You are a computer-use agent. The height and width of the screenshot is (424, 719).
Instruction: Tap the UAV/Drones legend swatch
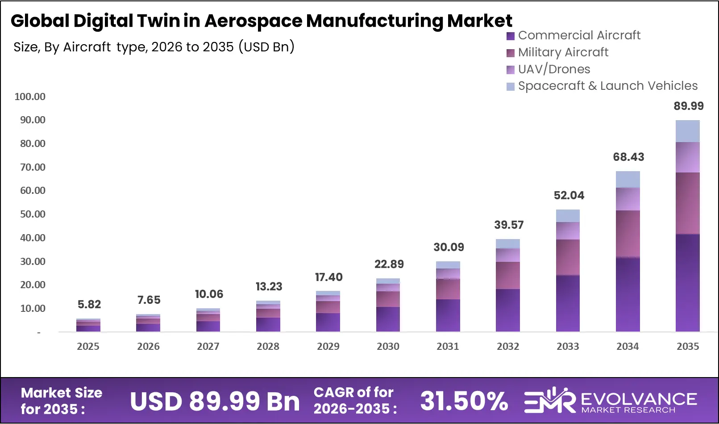click(x=511, y=70)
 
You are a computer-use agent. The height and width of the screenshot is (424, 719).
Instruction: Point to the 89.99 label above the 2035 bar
click(x=688, y=106)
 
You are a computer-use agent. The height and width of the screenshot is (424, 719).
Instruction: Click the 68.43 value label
click(x=628, y=157)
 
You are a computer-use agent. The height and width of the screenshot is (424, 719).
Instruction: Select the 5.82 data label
click(x=89, y=305)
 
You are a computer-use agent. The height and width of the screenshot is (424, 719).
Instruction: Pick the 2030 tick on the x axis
click(x=388, y=346)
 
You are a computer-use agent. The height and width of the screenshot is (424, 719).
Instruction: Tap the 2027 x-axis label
click(x=208, y=346)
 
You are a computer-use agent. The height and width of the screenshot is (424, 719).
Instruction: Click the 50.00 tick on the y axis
click(x=33, y=214)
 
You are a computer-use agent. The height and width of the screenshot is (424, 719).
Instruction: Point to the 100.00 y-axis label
click(x=30, y=97)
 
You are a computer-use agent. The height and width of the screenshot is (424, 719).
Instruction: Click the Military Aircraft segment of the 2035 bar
click(x=687, y=203)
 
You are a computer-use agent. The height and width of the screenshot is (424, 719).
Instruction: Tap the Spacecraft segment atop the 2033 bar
click(x=568, y=216)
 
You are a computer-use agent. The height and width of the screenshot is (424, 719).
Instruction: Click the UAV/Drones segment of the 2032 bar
click(x=508, y=255)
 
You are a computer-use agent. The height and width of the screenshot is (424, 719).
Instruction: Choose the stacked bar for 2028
click(x=268, y=316)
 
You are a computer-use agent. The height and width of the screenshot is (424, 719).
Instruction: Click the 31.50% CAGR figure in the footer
click(x=464, y=401)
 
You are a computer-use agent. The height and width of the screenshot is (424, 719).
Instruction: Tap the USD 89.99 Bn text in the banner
click(x=215, y=401)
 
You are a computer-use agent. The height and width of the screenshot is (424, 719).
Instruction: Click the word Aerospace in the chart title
click(x=253, y=21)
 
